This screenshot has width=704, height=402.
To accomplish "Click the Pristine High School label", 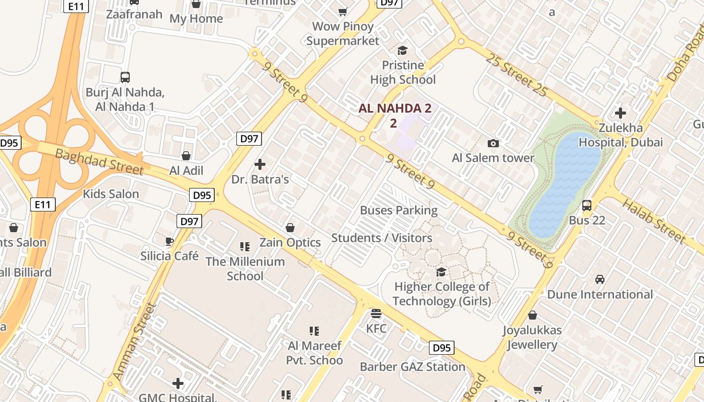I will (403, 72).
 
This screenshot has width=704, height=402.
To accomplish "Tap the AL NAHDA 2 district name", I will (395, 109).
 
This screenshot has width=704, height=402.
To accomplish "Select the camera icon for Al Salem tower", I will (493, 144).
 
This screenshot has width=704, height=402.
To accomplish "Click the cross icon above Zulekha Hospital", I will (621, 113).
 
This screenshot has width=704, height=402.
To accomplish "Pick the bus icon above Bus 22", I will (587, 206).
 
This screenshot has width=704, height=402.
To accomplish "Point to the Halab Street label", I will (654, 221).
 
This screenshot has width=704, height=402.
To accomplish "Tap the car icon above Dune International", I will (600, 279).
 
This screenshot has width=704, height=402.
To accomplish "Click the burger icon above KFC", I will (376, 314).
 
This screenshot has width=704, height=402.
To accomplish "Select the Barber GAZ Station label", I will (412, 367).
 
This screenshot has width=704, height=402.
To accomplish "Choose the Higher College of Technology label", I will (442, 294).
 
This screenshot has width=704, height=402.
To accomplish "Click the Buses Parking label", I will (399, 210).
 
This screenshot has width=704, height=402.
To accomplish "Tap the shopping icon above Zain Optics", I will (290, 228).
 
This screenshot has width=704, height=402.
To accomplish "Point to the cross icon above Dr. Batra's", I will (260, 164).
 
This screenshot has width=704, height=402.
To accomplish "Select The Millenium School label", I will (245, 268).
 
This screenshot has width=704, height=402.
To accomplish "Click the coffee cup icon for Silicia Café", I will (169, 242).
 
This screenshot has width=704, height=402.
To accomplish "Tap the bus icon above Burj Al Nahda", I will (125, 77).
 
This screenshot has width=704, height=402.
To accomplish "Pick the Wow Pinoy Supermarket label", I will (343, 33).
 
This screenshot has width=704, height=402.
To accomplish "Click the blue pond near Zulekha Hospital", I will (563, 186).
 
